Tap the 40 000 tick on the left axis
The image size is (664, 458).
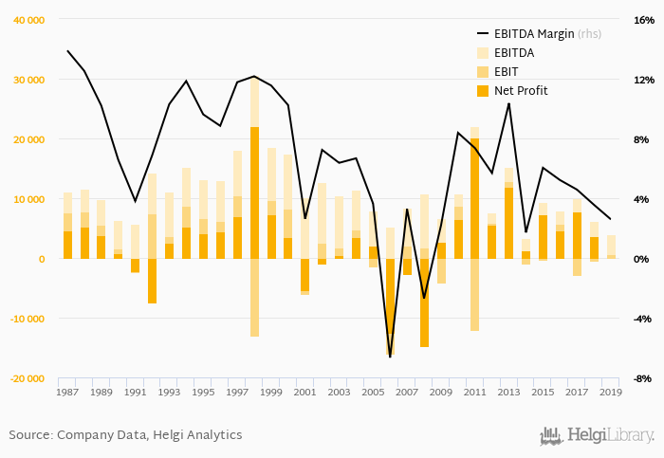(29, 20)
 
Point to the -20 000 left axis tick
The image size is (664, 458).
(28, 378)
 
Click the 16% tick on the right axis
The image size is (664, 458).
(642, 20)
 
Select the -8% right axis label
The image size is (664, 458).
(642, 378)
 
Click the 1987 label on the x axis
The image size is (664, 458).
(67, 392)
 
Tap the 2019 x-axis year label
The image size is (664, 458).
(610, 392)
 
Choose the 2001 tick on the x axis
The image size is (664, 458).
(304, 392)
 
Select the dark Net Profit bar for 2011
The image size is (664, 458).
(474, 198)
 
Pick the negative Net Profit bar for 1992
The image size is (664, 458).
(152, 281)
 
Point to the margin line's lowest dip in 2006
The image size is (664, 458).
(390, 357)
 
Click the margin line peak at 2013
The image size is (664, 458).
(508, 102)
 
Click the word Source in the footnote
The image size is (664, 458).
(30, 435)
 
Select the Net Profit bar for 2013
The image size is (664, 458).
(508, 223)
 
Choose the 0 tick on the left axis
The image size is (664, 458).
(41, 259)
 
